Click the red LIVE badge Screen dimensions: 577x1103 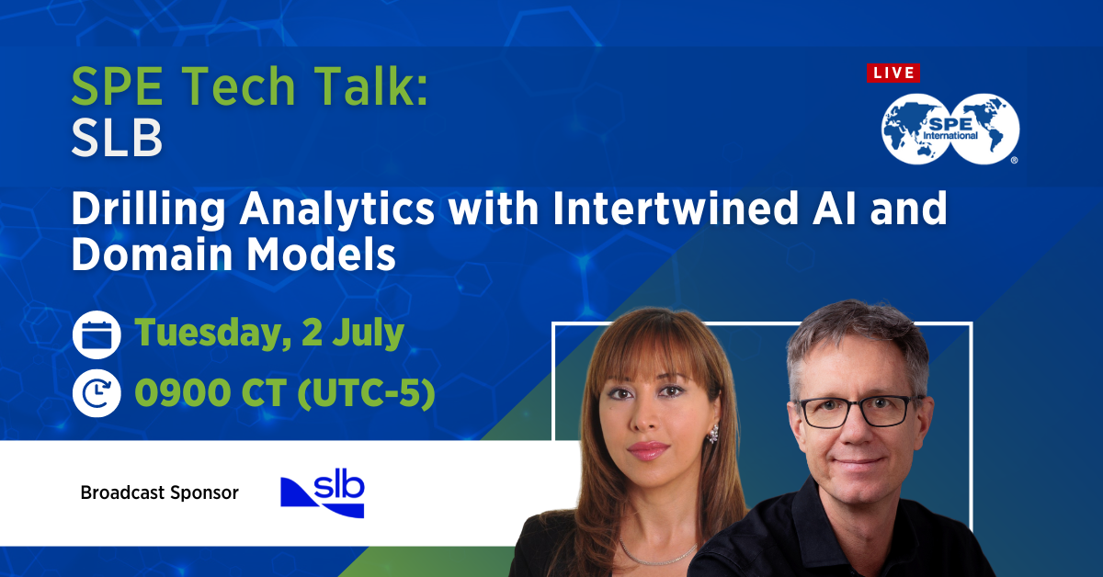coord(893,73)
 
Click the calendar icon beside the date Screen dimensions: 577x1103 coord(97,334)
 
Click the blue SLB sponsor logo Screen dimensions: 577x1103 coord(323,495)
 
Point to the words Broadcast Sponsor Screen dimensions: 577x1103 coord(159,493)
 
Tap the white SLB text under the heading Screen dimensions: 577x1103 coord(117,140)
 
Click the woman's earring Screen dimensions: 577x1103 coord(712,434)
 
